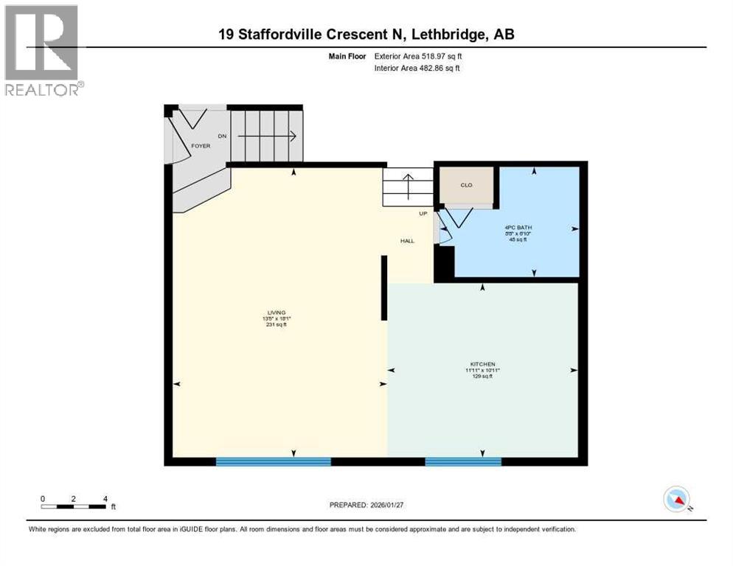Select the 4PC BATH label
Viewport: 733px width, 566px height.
518,227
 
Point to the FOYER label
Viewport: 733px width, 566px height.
201,146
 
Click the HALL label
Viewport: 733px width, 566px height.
407,241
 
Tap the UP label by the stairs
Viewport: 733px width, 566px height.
423,213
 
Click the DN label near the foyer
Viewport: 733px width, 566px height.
222,136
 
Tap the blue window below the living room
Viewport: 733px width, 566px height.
273,461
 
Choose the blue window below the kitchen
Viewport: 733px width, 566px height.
463,461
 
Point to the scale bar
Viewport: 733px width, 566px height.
74,506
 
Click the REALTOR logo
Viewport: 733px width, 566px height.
43,50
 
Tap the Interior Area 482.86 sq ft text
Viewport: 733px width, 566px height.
417,68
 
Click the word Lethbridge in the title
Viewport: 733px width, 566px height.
448,34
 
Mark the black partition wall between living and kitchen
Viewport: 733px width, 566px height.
384,287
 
